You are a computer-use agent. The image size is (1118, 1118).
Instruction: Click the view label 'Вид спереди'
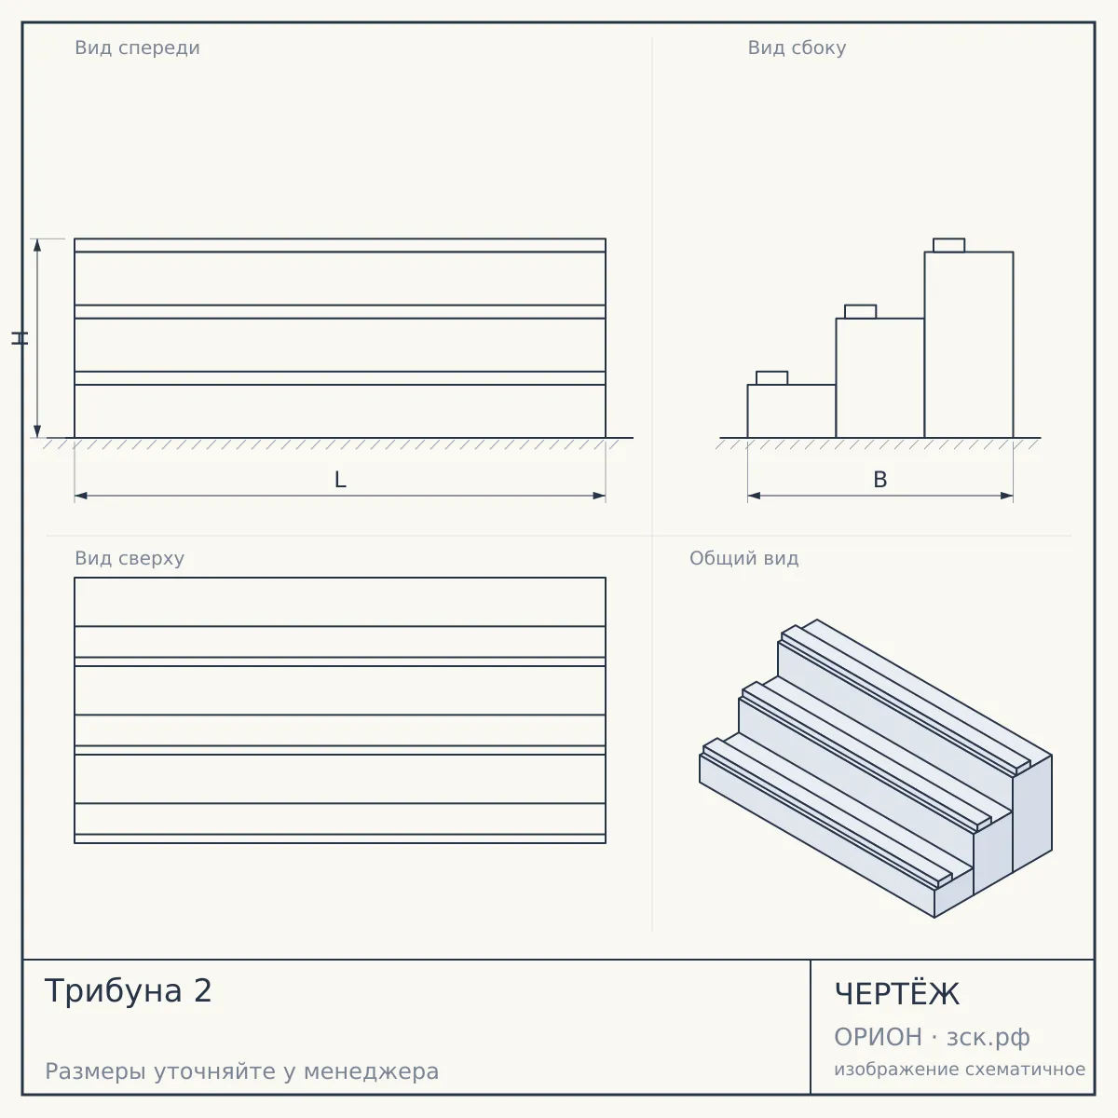[x=137, y=48]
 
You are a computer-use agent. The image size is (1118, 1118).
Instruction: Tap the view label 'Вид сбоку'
[x=797, y=48]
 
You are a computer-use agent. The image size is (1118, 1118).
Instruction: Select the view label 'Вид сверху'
[x=130, y=558]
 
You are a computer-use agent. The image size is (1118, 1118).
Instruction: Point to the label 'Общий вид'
[x=743, y=558]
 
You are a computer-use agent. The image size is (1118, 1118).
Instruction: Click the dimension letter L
[x=340, y=480]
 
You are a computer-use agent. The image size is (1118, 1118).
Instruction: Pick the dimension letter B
[x=880, y=480]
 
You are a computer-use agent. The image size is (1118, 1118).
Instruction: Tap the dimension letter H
[x=20, y=337]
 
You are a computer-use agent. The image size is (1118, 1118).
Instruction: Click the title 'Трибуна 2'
[x=129, y=990]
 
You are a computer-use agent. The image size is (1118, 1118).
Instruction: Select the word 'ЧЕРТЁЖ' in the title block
[x=896, y=993]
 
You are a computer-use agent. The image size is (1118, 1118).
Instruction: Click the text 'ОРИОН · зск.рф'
[x=932, y=1037]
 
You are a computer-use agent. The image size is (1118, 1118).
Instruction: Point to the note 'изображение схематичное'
[x=960, y=1069]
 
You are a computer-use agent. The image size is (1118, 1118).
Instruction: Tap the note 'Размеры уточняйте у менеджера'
[x=242, y=1071]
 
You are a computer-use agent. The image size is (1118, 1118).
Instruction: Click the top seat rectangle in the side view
[x=948, y=245]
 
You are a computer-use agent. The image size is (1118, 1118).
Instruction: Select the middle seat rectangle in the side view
[x=861, y=311]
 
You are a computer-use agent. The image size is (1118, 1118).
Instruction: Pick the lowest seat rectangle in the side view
[x=771, y=377]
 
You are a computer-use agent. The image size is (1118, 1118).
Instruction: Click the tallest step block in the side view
[x=969, y=345]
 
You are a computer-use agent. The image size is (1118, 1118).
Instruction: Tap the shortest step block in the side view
[x=791, y=411]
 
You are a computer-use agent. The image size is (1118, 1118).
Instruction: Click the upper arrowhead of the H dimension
[x=37, y=245]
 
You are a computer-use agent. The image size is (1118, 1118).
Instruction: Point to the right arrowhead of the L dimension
[x=599, y=496]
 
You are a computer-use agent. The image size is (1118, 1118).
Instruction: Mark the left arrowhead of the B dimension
[x=755, y=496]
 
